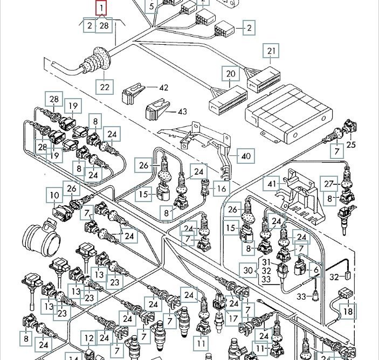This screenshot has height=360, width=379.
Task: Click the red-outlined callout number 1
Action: point(101,8)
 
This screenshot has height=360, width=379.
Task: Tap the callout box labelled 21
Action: point(271,52)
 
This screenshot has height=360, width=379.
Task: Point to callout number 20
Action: point(231,74)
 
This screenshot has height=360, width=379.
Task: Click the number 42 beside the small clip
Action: point(163,87)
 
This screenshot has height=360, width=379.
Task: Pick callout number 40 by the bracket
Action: point(246,156)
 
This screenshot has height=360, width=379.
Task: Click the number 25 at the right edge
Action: point(351,144)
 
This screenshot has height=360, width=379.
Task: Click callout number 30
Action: point(247,270)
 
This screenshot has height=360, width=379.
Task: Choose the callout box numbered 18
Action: point(348,311)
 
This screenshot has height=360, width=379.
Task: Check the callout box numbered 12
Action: point(89,338)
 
